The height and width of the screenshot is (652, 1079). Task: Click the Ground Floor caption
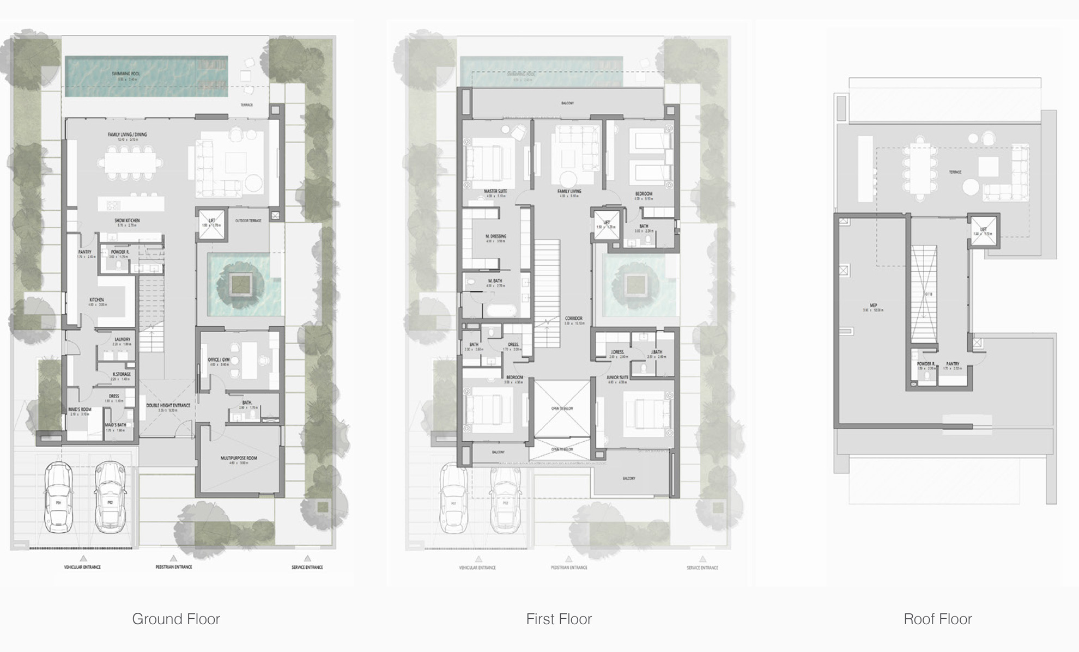[x=175, y=619]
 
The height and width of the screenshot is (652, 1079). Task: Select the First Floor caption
[x=559, y=619]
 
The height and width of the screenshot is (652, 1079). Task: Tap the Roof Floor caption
[x=937, y=619]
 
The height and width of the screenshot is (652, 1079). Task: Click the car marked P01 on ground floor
[x=58, y=497]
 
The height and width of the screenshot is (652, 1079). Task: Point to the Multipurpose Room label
[x=238, y=458]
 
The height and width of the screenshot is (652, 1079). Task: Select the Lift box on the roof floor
[x=983, y=230]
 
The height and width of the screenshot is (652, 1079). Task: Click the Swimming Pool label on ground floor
[x=126, y=74]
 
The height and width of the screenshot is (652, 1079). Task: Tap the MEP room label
[x=873, y=306]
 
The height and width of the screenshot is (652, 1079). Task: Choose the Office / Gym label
[x=219, y=359]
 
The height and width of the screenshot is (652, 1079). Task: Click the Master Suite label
[x=495, y=191]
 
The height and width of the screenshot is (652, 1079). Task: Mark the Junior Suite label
[x=617, y=377]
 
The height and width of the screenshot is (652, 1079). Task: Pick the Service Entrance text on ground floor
[x=307, y=567]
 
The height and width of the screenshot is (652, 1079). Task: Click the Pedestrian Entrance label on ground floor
[x=173, y=567]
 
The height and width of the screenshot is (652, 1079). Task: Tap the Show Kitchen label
[x=127, y=221]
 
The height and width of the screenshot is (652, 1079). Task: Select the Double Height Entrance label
[x=168, y=405]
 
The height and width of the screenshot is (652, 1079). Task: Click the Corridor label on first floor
[x=573, y=318]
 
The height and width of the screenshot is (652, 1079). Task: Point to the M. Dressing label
[x=495, y=236]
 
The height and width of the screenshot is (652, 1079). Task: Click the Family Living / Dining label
[x=127, y=135]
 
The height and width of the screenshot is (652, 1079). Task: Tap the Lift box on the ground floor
[x=211, y=225]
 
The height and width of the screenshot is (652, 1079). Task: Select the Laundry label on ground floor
[x=122, y=339]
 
